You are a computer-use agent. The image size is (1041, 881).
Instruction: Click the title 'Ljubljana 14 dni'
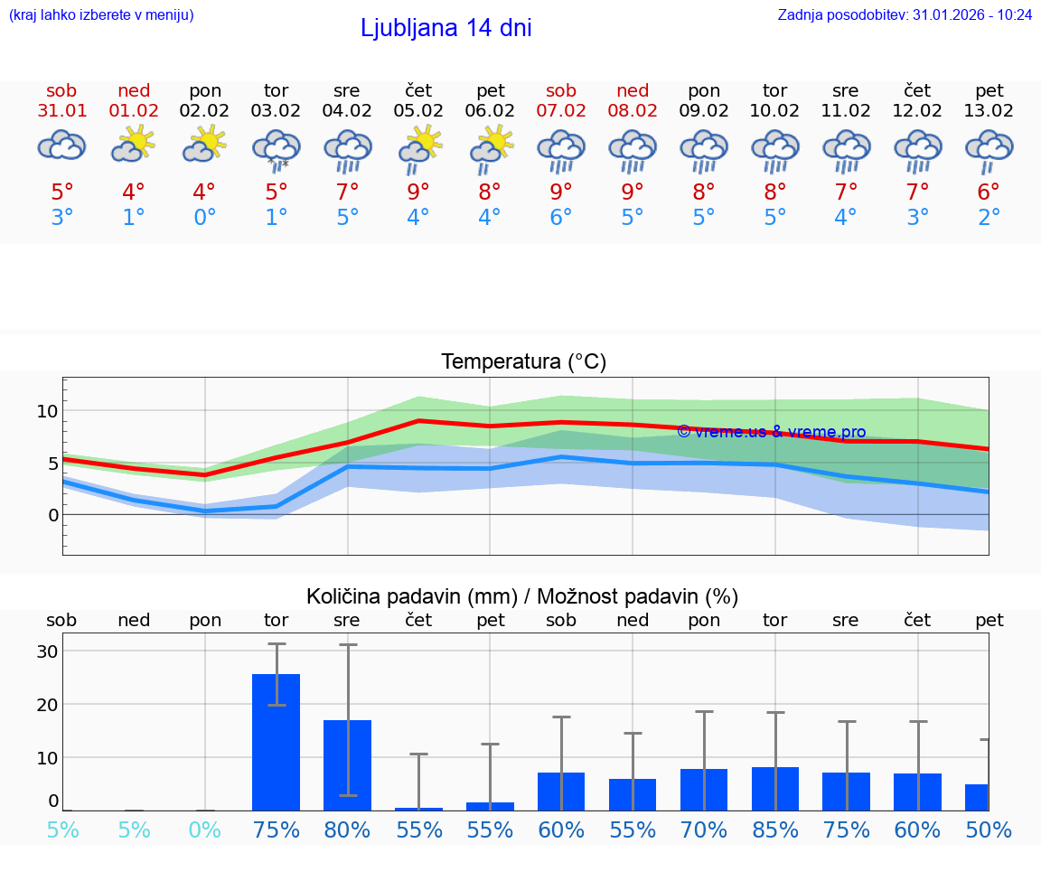[x=445, y=28]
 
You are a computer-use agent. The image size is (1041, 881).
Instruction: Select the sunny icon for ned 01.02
[x=134, y=144]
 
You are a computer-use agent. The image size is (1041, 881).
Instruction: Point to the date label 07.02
[x=560, y=111]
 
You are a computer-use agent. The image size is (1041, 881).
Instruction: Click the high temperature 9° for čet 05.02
[x=417, y=192]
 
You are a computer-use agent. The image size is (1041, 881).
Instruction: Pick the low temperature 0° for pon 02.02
[x=204, y=218]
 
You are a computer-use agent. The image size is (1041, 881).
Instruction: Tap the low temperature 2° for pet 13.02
[x=989, y=218]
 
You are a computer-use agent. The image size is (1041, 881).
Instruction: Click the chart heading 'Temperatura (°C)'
[x=523, y=362]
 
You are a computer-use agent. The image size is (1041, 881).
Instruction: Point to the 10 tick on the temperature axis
[x=47, y=411]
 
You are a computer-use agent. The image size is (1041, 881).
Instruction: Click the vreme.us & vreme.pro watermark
[x=771, y=432]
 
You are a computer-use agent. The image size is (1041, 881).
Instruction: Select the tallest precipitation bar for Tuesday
[x=276, y=741]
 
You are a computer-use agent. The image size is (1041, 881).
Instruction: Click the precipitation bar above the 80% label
[x=347, y=764]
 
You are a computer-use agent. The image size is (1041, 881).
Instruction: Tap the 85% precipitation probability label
[x=774, y=829]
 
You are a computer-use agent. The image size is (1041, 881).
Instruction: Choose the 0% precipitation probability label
[x=205, y=829]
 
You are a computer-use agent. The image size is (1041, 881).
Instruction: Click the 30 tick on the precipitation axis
[x=47, y=651]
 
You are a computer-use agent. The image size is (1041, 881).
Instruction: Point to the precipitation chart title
[x=522, y=596]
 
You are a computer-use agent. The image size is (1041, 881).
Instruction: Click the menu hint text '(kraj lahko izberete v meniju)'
[x=101, y=14]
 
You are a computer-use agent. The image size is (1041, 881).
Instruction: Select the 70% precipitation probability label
[x=704, y=829]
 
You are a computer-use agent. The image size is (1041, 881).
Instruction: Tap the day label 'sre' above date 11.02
[x=845, y=90]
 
